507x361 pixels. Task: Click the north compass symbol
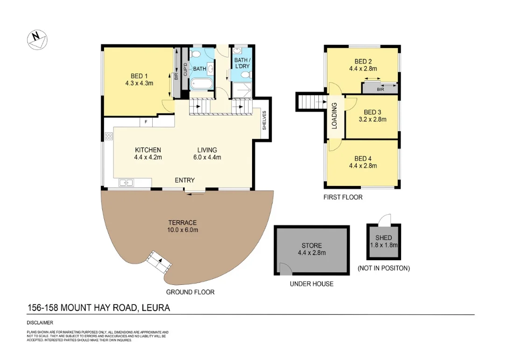click(x=37, y=38)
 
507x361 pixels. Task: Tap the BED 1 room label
click(x=139, y=76)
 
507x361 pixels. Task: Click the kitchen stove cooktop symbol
click(x=109, y=136)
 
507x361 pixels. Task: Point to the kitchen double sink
click(x=126, y=183)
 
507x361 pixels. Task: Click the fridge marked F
click(x=146, y=122)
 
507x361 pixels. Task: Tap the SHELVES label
click(x=264, y=120)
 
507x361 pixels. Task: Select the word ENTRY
click(x=185, y=180)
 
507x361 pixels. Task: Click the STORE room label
click(x=311, y=246)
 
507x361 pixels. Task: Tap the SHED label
click(x=383, y=238)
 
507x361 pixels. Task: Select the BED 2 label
click(x=363, y=61)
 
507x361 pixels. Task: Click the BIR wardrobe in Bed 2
click(x=380, y=88)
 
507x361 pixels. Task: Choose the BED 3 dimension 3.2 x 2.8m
click(x=372, y=119)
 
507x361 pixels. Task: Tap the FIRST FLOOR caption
click(x=343, y=197)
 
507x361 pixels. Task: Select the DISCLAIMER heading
click(x=40, y=323)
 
